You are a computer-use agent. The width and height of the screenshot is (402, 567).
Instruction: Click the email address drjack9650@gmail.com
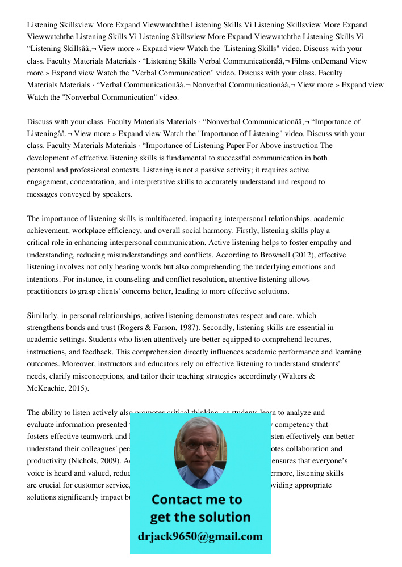tap(200, 536)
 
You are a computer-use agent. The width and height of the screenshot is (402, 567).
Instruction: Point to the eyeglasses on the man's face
tap(200, 446)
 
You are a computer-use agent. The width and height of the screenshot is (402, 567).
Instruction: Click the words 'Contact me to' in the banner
tap(196, 500)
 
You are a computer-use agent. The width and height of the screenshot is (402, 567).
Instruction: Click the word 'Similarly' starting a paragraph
tap(43, 315)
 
